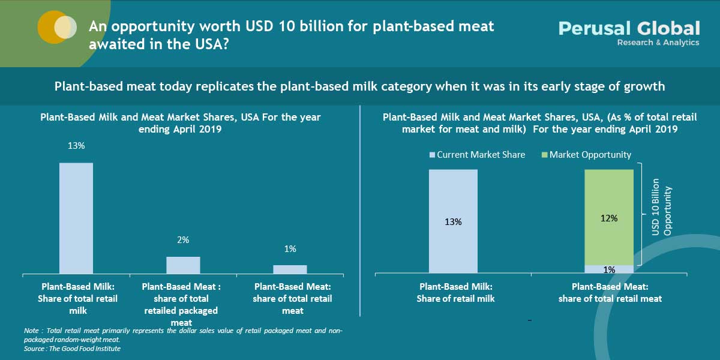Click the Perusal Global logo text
click(629, 28)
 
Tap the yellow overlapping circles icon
click(57, 28)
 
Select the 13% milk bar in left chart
click(76, 218)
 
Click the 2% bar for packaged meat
click(183, 265)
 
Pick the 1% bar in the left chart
click(290, 269)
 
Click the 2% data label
click(183, 240)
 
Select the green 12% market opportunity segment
click(609, 217)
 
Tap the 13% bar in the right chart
click(453, 221)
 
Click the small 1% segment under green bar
click(609, 269)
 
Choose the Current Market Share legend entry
click(477, 155)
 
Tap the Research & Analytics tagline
click(658, 43)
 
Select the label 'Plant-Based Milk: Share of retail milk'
click(455, 293)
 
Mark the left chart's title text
click(181, 123)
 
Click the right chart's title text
click(530, 123)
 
